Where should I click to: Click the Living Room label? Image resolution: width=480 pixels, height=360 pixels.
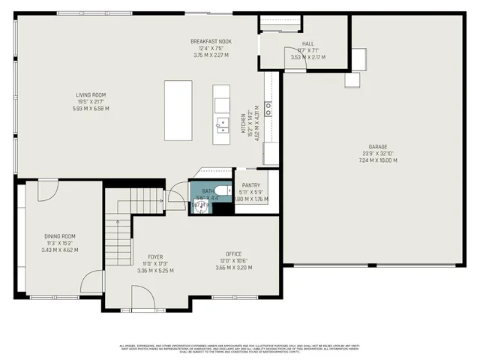(91, 94)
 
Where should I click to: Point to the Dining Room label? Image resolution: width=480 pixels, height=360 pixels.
(60, 236)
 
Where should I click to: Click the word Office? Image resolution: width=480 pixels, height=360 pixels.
(235, 254)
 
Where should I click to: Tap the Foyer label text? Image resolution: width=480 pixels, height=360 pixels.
(155, 256)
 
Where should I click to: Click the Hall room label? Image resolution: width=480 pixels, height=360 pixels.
(307, 44)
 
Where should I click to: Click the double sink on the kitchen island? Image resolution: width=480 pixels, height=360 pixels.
(222, 124)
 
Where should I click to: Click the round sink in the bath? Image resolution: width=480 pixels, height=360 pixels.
(199, 205)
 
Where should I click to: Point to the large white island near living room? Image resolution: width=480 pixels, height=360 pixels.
(178, 110)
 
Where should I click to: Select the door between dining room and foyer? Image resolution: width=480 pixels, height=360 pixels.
(94, 281)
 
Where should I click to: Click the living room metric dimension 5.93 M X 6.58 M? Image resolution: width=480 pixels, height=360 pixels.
(91, 108)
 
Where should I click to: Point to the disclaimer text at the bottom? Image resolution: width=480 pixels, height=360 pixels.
(239, 348)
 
